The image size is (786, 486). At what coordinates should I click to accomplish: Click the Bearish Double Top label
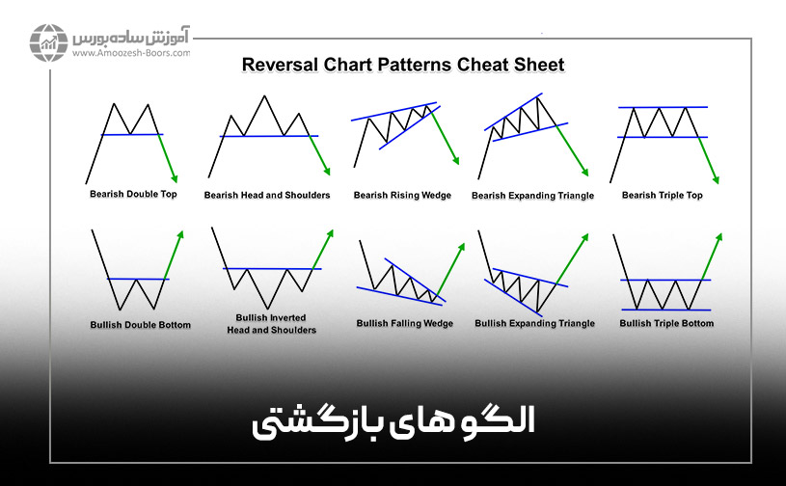pos(133,194)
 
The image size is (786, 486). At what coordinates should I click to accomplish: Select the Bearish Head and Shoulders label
pos(267,195)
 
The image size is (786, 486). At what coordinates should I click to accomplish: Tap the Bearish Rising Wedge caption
pos(402,195)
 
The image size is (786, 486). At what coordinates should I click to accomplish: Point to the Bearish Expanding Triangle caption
pos(533,196)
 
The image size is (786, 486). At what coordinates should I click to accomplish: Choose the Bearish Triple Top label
pos(663,195)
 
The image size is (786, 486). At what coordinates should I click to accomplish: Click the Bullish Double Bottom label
pos(141,325)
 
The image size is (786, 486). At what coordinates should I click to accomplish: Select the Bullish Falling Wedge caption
pos(405,323)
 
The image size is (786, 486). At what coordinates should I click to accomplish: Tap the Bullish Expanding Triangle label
pos(535,323)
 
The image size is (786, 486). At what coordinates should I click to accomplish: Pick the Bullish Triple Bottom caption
pos(666,323)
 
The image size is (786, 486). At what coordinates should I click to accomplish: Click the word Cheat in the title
pos(481,65)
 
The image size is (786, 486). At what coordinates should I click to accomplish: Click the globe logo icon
pos(48,42)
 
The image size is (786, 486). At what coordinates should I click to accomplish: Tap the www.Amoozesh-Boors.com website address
pos(131,53)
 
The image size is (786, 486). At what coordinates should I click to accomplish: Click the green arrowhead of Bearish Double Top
pos(175,178)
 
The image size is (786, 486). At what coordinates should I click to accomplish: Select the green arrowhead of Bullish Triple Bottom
pos(719,236)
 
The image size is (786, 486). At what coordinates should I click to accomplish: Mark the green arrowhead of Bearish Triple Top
pos(716,179)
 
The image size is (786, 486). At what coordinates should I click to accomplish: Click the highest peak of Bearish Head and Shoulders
pos(264,95)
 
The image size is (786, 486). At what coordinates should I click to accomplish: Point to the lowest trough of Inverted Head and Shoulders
pos(268,308)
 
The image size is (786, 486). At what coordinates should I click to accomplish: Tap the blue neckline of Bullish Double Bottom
pos(138,279)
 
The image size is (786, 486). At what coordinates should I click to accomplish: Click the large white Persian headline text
pos(393,422)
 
